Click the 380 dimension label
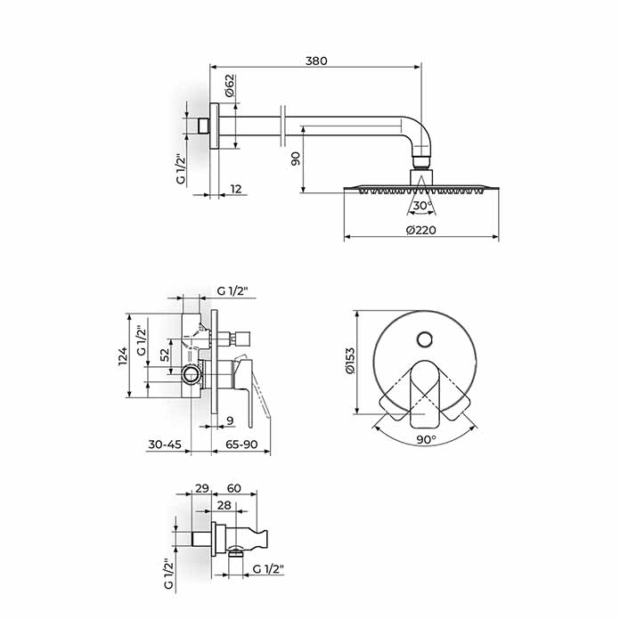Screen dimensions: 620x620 (x=316, y=61)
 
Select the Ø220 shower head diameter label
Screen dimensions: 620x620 (x=420, y=230)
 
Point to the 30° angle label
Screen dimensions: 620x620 (x=423, y=206)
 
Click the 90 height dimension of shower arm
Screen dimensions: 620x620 (x=296, y=159)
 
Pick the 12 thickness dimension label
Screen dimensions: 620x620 (x=235, y=189)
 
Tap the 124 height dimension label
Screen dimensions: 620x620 (x=123, y=355)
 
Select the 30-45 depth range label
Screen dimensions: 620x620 (x=165, y=445)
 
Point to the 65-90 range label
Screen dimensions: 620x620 (x=241, y=445)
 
